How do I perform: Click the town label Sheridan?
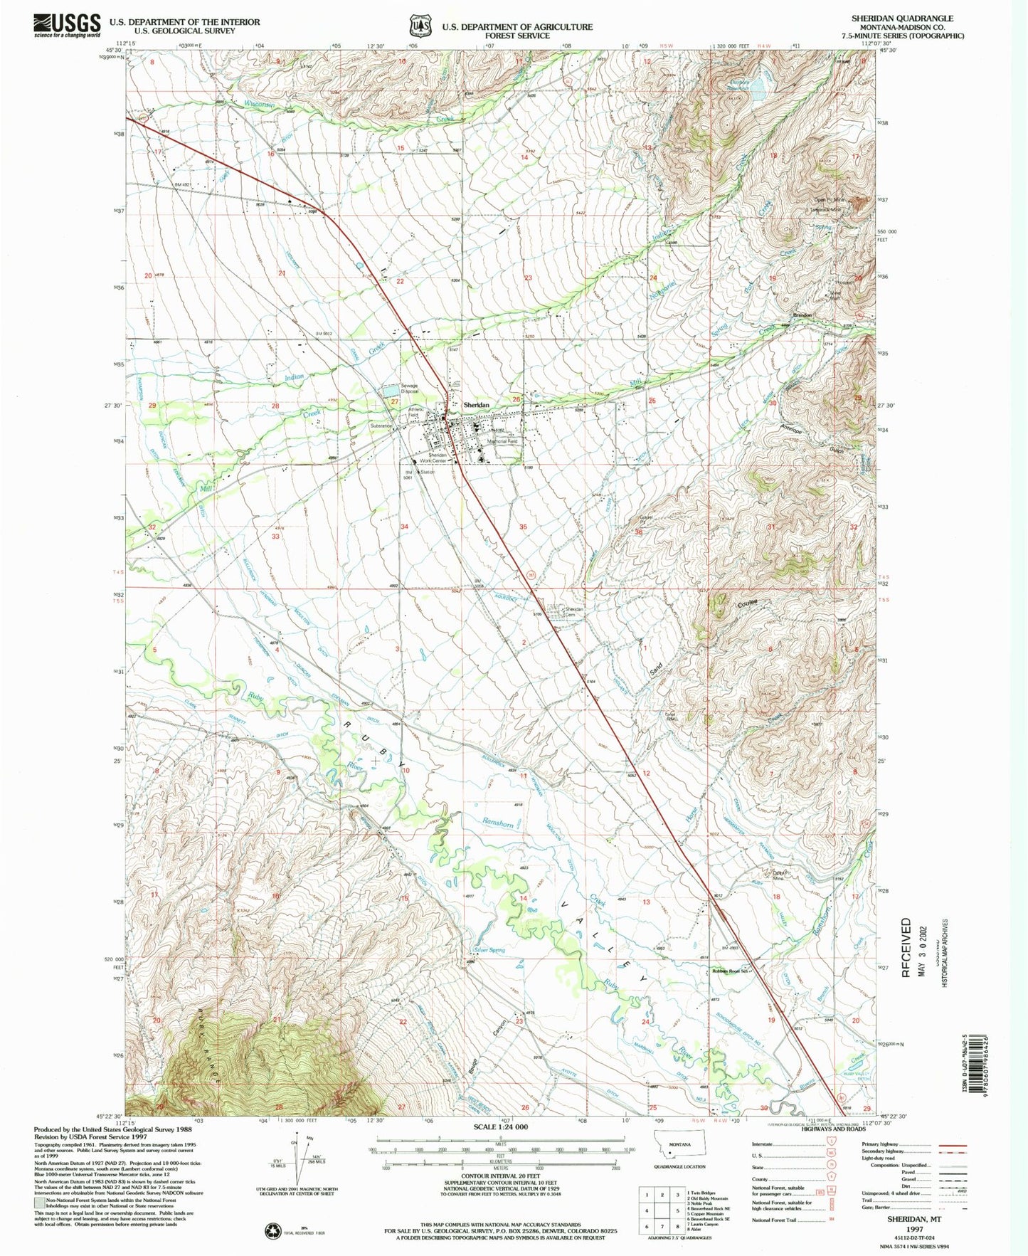(x=477, y=404)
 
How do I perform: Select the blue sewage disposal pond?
(x=391, y=390)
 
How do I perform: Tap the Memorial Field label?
(x=502, y=441)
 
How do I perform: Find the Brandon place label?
(x=803, y=315)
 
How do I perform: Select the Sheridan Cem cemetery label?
(x=574, y=612)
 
